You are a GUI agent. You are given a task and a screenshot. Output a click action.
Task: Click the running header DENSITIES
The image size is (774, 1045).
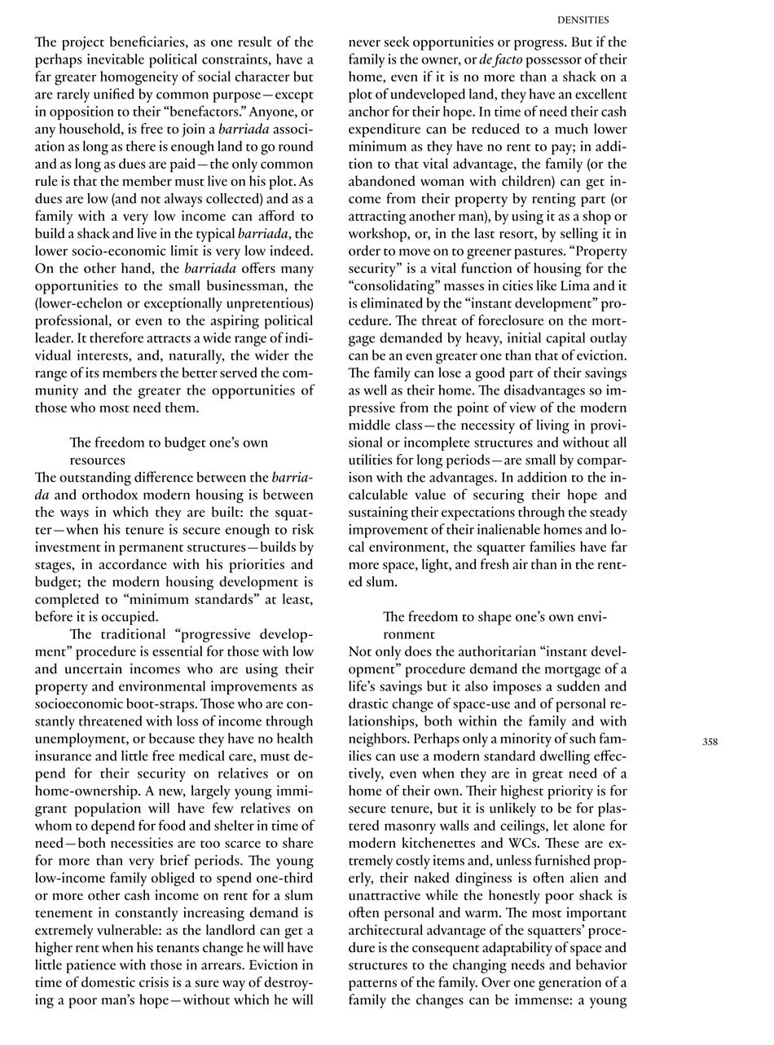pyautogui.click(x=583, y=20)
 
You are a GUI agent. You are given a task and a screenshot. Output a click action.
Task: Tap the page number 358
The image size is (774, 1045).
pyautogui.click(x=710, y=742)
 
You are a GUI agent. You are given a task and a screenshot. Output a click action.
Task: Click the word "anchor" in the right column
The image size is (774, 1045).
pyautogui.click(x=372, y=112)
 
